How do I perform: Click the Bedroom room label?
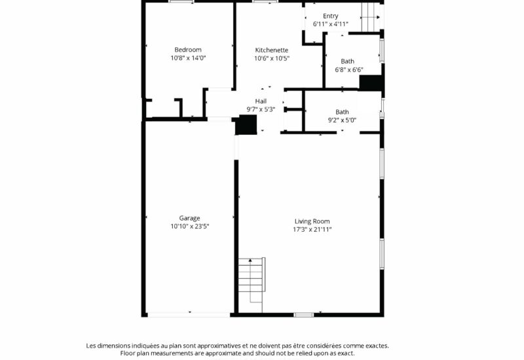pyautogui.click(x=188, y=50)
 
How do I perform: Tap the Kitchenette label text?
pyautogui.click(x=271, y=50)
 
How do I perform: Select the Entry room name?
pyautogui.click(x=331, y=16)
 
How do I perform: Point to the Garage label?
pyautogui.click(x=189, y=218)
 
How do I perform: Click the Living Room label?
pyautogui.click(x=312, y=221)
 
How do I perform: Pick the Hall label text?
pyautogui.click(x=261, y=101)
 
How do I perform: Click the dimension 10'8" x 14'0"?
pyautogui.click(x=188, y=58)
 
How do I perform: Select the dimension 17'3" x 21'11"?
pyautogui.click(x=312, y=230)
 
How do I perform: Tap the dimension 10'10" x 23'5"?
pyautogui.click(x=190, y=226)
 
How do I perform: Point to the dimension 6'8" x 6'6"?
pyautogui.click(x=349, y=70)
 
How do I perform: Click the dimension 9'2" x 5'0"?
pyautogui.click(x=342, y=120)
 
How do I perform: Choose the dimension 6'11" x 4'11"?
pyautogui.click(x=331, y=24)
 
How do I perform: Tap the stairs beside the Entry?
pyautogui.click(x=371, y=18)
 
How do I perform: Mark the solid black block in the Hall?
pyautogui.click(x=246, y=124)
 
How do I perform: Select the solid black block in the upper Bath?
pyautogui.click(x=370, y=83)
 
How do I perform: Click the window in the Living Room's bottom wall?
pyautogui.click(x=304, y=315)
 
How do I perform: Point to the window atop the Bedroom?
pyautogui.click(x=181, y=2)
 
